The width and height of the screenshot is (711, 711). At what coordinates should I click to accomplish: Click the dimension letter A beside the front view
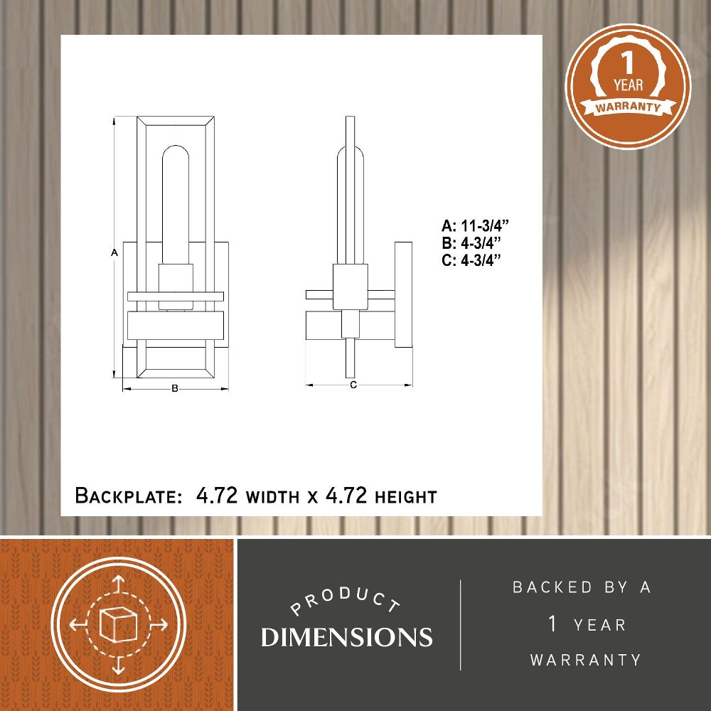coord(114,252)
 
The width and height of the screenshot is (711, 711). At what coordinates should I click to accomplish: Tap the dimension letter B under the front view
coord(175,389)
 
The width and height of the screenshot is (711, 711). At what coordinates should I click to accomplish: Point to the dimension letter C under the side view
coord(353,385)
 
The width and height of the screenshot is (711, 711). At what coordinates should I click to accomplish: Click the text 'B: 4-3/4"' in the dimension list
coord(471,243)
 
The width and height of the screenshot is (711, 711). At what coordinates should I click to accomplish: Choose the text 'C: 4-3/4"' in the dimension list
coord(471,261)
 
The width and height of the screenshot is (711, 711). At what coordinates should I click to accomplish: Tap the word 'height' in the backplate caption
coord(405,497)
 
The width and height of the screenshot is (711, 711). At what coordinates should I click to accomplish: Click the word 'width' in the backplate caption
coord(272,497)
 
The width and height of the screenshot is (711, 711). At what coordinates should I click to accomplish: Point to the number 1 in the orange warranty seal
coord(627,63)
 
